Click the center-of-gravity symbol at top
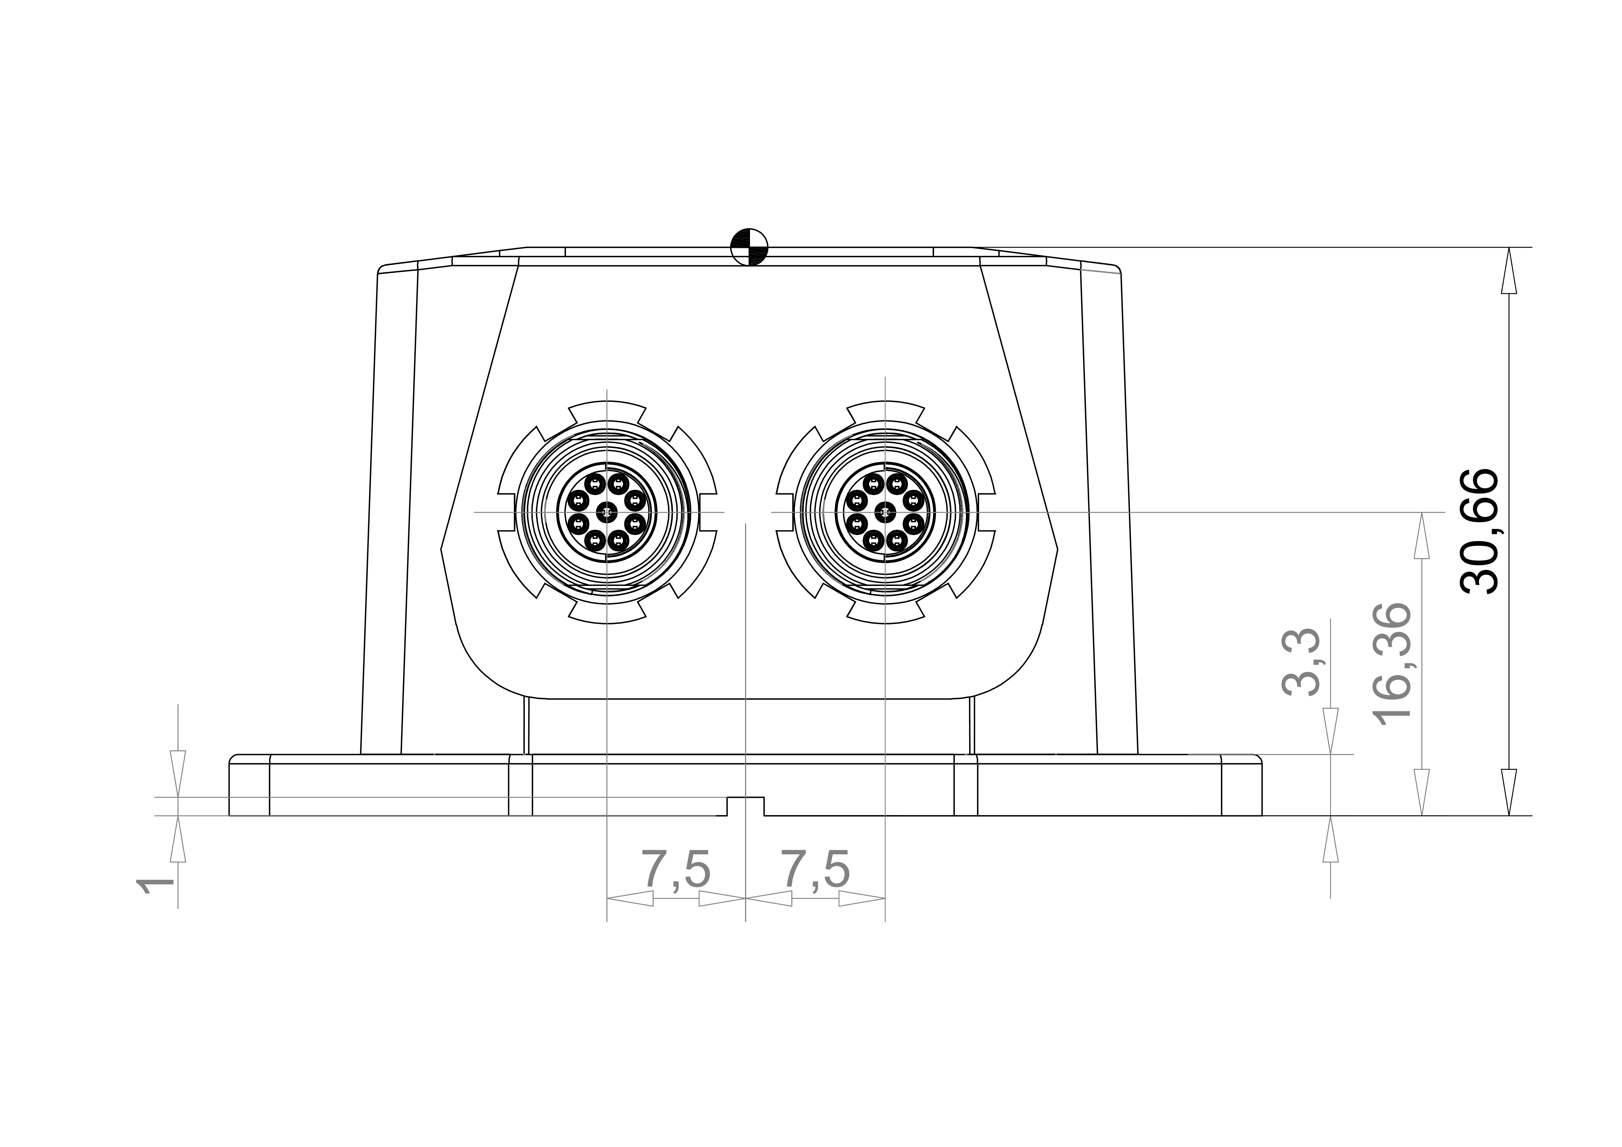(x=749, y=247)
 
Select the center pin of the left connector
(x=606, y=511)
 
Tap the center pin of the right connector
(x=885, y=511)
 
